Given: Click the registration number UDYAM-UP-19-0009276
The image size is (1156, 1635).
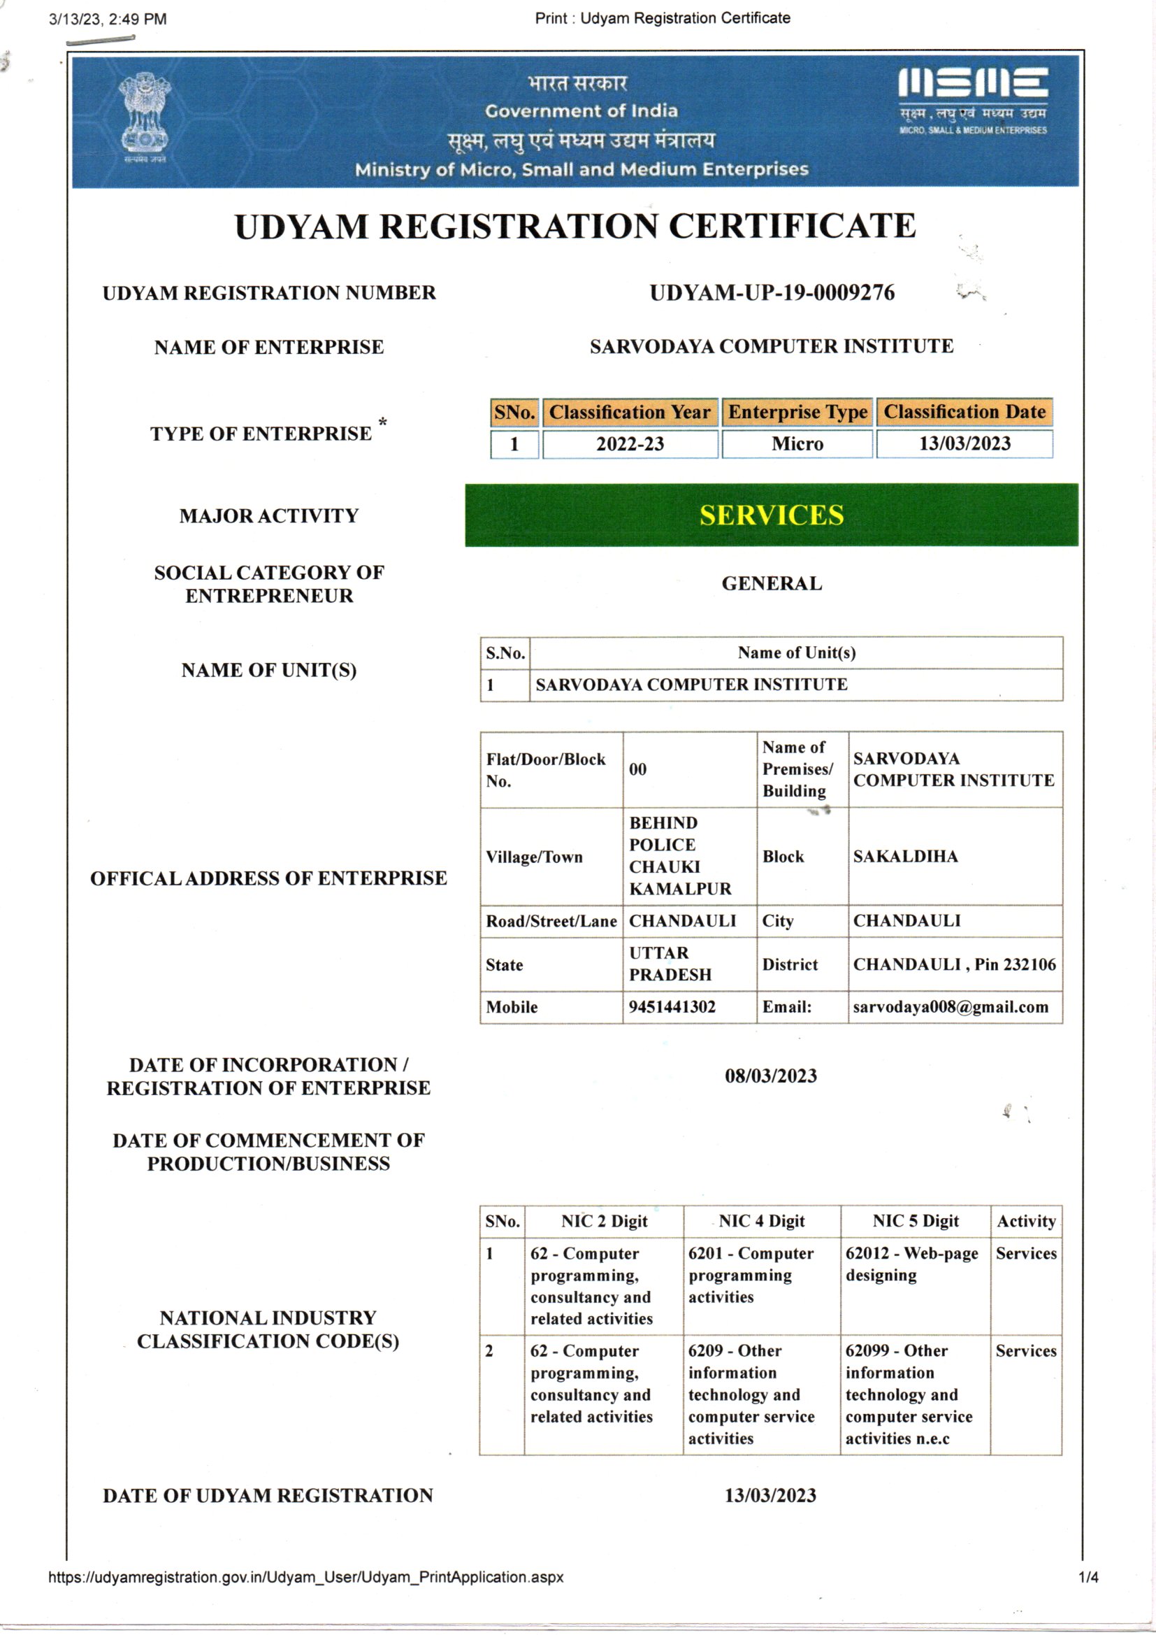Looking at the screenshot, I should coord(772,293).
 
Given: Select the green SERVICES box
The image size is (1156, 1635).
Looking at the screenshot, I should coord(771,515).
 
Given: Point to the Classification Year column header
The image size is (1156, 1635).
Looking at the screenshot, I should coord(629,413).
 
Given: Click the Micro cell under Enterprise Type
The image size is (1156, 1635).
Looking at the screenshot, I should coord(797,443).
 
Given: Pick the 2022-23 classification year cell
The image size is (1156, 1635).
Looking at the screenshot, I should coord(630,443).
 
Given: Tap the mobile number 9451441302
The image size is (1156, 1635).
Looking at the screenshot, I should coord(672,1007).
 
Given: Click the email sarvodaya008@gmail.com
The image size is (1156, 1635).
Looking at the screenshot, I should coord(951,1007).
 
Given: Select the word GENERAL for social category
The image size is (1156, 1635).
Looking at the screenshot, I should coord(772,583).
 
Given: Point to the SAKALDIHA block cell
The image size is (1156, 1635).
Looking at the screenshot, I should coord(905,856).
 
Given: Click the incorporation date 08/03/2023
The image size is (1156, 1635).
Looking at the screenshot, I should coord(771,1076).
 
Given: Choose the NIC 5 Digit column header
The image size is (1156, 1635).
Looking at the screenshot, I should coord(916,1220).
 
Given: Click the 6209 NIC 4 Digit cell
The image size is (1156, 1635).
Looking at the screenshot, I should coord(752,1394).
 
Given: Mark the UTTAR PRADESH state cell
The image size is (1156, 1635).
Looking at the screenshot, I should coord(670,964).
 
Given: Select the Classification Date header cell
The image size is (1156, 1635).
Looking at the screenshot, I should coord(964,413).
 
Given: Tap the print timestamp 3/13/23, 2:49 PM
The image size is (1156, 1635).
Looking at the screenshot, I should coord(108,19).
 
